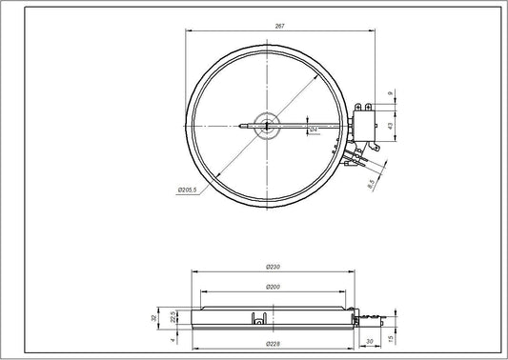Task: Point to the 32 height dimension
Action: click(156, 317)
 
